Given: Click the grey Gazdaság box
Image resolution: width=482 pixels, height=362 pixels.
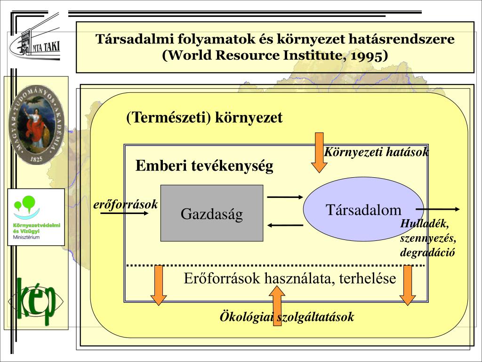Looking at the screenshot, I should pos(212,213).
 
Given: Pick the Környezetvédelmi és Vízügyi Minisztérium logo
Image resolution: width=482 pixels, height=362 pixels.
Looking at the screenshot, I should pos(36,217).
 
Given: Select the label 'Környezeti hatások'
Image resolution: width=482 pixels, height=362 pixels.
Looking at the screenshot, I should pos(376,152).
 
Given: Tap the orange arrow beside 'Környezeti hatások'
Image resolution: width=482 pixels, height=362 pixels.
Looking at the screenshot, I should pos(319,152).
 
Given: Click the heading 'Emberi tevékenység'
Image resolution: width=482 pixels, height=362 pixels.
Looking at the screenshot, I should pos(204,166).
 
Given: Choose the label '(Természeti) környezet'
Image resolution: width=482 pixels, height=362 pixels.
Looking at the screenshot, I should pos(204,117).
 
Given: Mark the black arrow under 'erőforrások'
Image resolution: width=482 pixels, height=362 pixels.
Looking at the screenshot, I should pos(131,214).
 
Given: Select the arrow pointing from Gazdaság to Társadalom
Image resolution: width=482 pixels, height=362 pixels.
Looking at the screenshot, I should pos(285,197).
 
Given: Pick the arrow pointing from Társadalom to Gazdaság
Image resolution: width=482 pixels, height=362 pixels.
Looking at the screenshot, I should pos(285,225).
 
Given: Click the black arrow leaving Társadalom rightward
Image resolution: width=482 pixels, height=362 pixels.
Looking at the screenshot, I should pos(438,209).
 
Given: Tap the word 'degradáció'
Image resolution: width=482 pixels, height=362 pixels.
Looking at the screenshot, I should pos(427,252).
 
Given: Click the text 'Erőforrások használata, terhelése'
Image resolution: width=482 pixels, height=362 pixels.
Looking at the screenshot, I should pos(289,279).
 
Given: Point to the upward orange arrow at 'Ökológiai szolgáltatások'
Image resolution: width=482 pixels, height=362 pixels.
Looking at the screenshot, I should pos(277,311).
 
